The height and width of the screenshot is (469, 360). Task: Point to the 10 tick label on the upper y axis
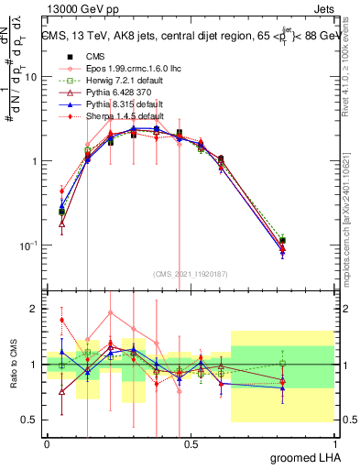tap(29, 77)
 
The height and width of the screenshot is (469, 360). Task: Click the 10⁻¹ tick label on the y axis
tap(27, 245)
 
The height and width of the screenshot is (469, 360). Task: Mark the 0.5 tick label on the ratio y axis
tap(30, 420)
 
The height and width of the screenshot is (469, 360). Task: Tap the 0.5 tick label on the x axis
tap(191, 444)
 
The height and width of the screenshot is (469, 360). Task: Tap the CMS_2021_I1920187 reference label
tap(191, 274)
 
